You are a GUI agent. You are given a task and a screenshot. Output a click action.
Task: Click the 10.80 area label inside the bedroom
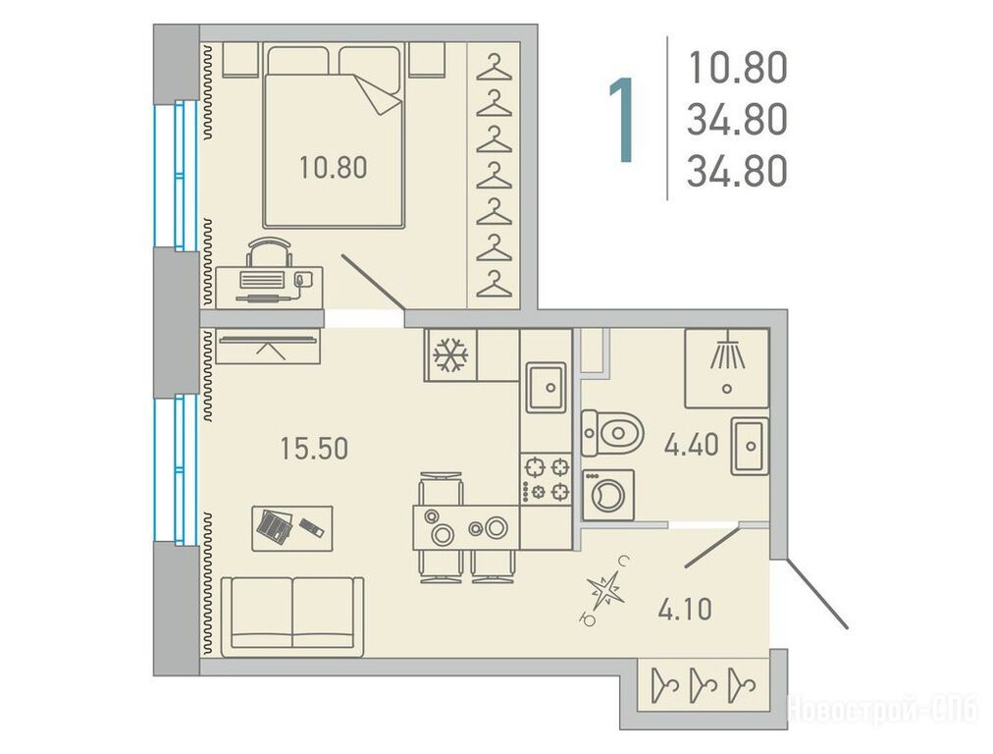(x=333, y=169)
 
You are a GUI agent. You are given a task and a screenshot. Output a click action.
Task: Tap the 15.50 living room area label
(x=314, y=449)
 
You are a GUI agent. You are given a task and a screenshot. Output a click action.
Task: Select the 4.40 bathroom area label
(x=691, y=445)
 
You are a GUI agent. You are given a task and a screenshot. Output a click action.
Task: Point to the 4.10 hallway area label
(x=685, y=610)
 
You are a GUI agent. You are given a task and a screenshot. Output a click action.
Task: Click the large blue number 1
(x=622, y=120)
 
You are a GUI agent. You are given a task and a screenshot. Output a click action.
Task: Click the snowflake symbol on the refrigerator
(x=450, y=354)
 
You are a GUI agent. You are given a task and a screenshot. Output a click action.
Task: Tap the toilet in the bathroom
(x=612, y=433)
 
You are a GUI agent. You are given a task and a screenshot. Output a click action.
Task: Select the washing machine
(x=608, y=495)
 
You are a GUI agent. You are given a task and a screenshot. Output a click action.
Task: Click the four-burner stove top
(x=546, y=479)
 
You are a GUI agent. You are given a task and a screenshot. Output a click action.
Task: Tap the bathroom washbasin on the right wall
(x=750, y=446)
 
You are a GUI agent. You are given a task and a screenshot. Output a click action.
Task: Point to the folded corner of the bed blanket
(x=378, y=95)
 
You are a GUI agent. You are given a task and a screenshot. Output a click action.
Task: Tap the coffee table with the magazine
(x=292, y=528)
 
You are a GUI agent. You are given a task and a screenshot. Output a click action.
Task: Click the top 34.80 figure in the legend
(x=737, y=120)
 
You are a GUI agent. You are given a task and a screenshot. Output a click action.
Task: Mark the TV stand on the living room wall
(x=269, y=346)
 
